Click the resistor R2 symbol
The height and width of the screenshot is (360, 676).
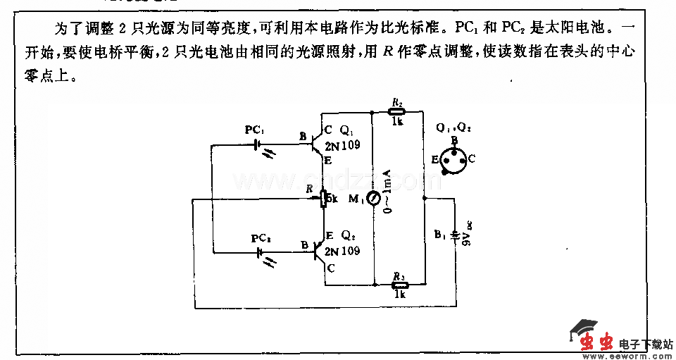click(x=397, y=111)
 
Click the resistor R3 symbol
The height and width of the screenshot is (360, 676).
click(x=400, y=284)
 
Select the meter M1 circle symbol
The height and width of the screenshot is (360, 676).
click(x=373, y=199)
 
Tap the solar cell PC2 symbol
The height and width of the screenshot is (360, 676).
click(x=260, y=252)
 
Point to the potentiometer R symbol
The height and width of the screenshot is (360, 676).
click(x=323, y=199)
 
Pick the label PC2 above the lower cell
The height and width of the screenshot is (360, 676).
click(x=261, y=238)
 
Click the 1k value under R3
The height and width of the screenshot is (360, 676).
click(x=400, y=294)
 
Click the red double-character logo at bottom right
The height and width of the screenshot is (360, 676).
click(x=596, y=342)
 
